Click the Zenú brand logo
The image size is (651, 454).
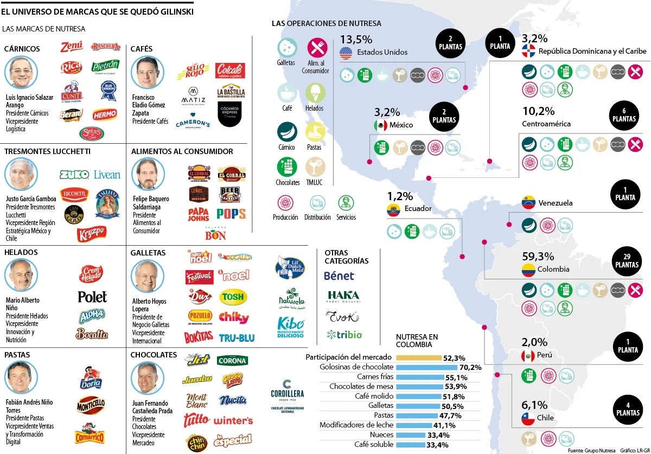[72, 47]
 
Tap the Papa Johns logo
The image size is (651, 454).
[199, 214]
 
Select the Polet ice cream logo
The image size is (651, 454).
[92, 297]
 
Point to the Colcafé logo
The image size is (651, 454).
[231, 71]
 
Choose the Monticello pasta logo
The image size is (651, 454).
[91, 404]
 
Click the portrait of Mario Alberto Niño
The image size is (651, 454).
[21, 275]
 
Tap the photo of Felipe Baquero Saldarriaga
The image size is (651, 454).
[148, 174]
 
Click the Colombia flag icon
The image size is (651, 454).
[528, 270]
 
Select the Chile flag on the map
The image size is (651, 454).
[528, 418]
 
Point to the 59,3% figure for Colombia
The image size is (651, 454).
[538, 256]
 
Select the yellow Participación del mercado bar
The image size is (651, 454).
[418, 358]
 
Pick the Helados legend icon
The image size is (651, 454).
[315, 92]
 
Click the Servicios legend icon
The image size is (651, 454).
[346, 203]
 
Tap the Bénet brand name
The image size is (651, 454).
[339, 276]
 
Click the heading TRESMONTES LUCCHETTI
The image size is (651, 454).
[47, 151]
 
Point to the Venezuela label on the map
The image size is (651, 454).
[555, 203]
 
